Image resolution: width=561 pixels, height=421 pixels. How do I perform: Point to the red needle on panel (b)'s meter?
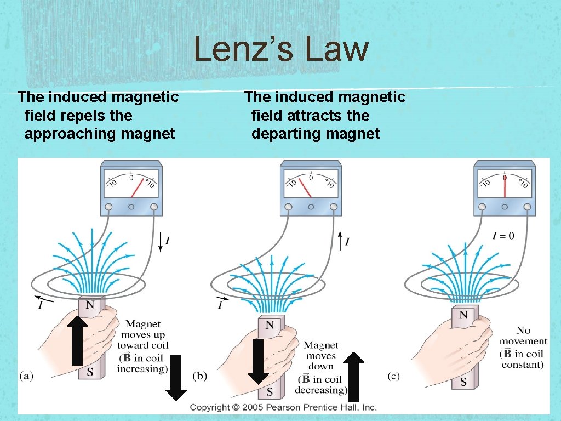point(305,189)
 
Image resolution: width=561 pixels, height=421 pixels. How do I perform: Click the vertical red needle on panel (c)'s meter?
point(505,186)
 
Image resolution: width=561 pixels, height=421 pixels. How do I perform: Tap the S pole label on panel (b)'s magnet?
point(270,392)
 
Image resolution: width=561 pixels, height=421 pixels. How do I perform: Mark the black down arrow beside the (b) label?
point(176,378)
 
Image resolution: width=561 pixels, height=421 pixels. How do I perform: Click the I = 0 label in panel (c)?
point(503,236)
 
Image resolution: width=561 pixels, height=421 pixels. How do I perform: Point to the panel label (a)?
point(27,376)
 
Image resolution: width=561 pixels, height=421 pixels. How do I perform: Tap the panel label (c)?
point(393,376)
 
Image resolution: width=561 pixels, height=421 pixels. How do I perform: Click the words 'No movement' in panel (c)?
point(521,336)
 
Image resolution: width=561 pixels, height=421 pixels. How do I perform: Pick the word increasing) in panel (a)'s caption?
point(142,368)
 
